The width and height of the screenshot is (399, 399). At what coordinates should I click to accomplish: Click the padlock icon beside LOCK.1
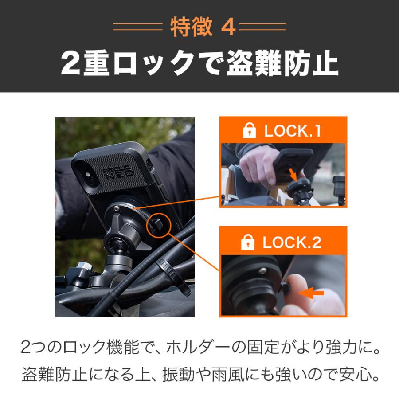[x=249, y=131]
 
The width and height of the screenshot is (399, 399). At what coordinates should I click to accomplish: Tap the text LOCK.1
[x=292, y=131]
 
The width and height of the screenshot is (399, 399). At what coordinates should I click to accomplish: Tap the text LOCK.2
[x=292, y=243]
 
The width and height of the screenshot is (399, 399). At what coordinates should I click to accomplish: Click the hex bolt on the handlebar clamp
[x=82, y=270]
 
